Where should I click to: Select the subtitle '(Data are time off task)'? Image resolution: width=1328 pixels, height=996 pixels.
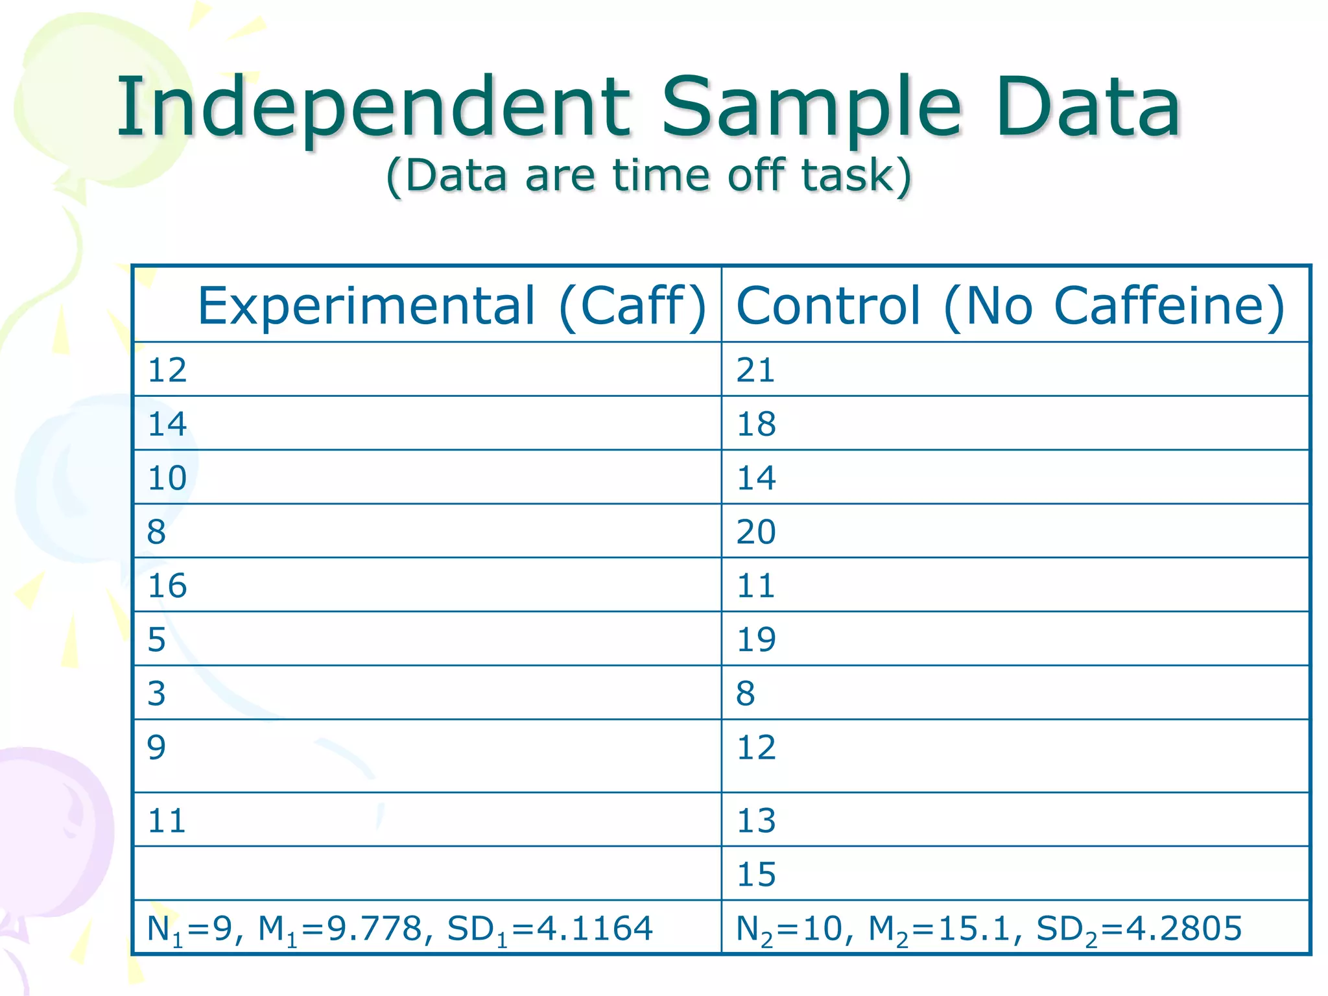click(648, 175)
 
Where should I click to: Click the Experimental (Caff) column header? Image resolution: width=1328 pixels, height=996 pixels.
click(451, 305)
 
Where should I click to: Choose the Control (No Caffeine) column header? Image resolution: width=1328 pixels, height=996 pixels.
click(1010, 305)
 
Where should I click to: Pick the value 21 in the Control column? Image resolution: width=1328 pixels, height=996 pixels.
click(755, 370)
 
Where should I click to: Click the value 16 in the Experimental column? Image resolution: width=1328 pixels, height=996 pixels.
click(167, 586)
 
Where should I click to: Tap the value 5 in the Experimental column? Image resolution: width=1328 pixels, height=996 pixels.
click(156, 639)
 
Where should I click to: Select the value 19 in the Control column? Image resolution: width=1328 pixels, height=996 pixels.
click(755, 639)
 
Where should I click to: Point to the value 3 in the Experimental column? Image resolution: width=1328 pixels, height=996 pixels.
click(156, 693)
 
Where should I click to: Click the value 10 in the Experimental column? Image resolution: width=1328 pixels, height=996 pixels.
click(167, 478)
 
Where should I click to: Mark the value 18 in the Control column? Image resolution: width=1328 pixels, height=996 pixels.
click(755, 424)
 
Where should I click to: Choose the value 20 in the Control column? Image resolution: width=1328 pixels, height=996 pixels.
click(755, 532)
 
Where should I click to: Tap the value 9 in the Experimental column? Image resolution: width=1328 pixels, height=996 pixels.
click(156, 747)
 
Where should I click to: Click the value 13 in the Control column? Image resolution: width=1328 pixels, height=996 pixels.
click(755, 820)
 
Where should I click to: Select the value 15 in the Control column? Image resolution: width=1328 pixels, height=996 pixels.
click(755, 874)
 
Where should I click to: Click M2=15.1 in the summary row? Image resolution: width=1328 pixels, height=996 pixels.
click(939, 929)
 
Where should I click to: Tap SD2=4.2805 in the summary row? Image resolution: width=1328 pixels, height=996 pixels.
click(1139, 929)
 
